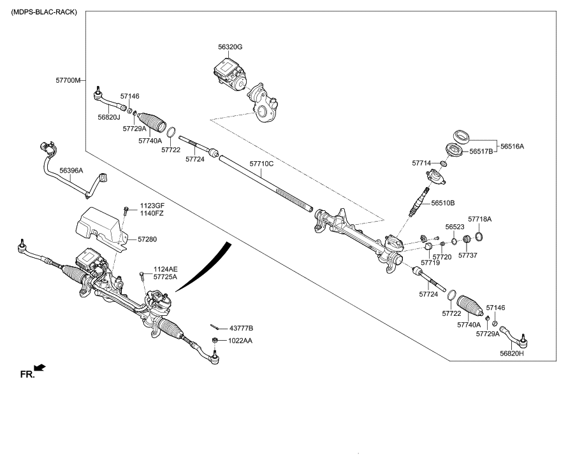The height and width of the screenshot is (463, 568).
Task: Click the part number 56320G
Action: [230, 47]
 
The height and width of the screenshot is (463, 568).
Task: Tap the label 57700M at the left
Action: [68, 81]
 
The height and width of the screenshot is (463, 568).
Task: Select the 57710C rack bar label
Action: [261, 164]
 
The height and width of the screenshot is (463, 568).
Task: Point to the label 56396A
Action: [71, 171]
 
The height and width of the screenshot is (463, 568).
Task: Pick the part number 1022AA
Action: [240, 341]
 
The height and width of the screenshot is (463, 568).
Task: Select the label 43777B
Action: [240, 328]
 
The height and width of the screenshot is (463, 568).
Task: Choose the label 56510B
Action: [442, 203]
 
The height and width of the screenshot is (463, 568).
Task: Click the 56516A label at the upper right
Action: [512, 146]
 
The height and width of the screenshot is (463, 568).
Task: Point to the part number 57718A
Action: [479, 218]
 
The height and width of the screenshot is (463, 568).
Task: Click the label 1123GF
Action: [151, 205]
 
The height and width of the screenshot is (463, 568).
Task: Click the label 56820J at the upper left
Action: [109, 117]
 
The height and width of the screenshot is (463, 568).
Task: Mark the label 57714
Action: [422, 164]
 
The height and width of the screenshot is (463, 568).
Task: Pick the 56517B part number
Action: [481, 152]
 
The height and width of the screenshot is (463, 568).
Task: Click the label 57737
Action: [468, 255]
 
